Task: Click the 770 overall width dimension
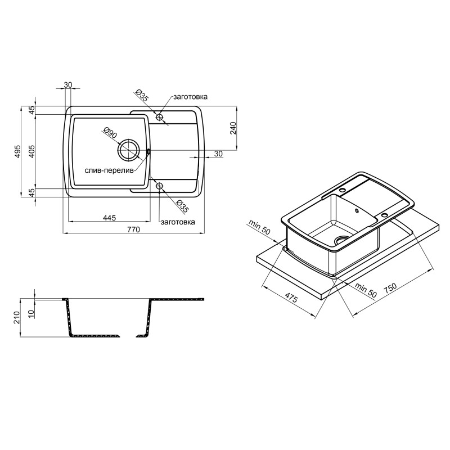click(x=133, y=229)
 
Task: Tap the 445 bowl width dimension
click(x=109, y=218)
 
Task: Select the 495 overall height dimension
click(x=18, y=151)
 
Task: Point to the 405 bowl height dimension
click(x=31, y=151)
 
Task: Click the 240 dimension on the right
click(x=233, y=128)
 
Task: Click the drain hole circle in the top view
click(x=129, y=150)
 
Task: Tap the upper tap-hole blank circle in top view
click(x=159, y=117)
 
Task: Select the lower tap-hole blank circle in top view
click(x=159, y=186)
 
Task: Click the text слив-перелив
click(x=109, y=170)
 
